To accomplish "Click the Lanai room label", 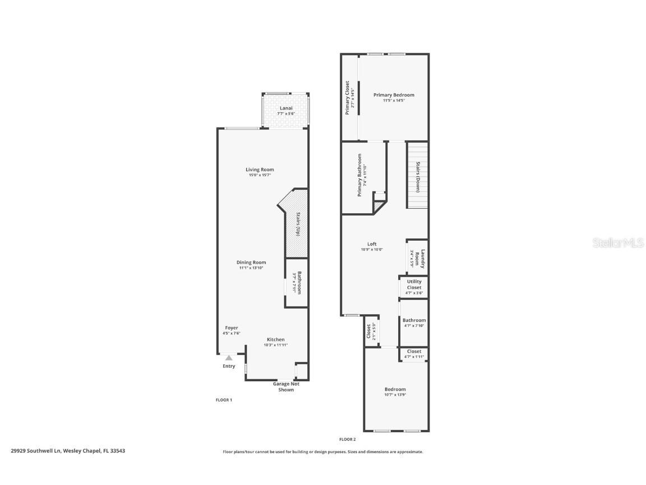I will tap(286, 108).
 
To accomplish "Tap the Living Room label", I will tap(260, 170).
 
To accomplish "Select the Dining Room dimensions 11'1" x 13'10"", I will tap(251, 268).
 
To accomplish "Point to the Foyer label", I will tap(232, 328).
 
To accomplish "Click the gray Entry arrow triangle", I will tap(229, 358).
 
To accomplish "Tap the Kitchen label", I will tap(275, 340).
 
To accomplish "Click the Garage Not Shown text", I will tap(286, 387).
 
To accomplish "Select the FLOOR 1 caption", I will tap(224, 400).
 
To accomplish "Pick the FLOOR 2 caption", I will tap(348, 440).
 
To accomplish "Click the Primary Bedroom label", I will tap(394, 95).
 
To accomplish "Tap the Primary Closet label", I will tap(348, 97).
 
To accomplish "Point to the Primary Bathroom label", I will tap(359, 175).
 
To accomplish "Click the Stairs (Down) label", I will tap(418, 177).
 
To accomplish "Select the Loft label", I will tap(372, 244).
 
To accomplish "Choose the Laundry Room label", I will tap(423, 258).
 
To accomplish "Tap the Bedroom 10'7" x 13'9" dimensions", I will tap(395, 395).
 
